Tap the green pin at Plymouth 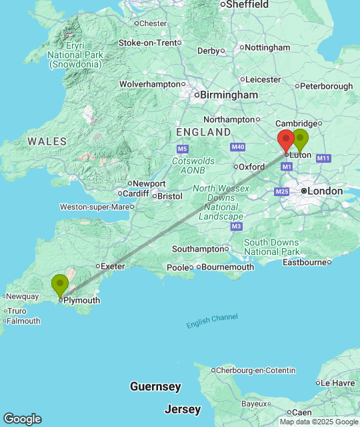point(60,286)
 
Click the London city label point(325,191)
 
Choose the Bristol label point(170,196)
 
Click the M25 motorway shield point(281,192)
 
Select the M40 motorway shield point(238,147)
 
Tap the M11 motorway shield point(324,158)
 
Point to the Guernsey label point(155,387)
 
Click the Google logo point(22,419)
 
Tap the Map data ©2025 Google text point(319,422)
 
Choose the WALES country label point(47,141)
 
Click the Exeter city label point(113,266)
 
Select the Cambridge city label point(295,123)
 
